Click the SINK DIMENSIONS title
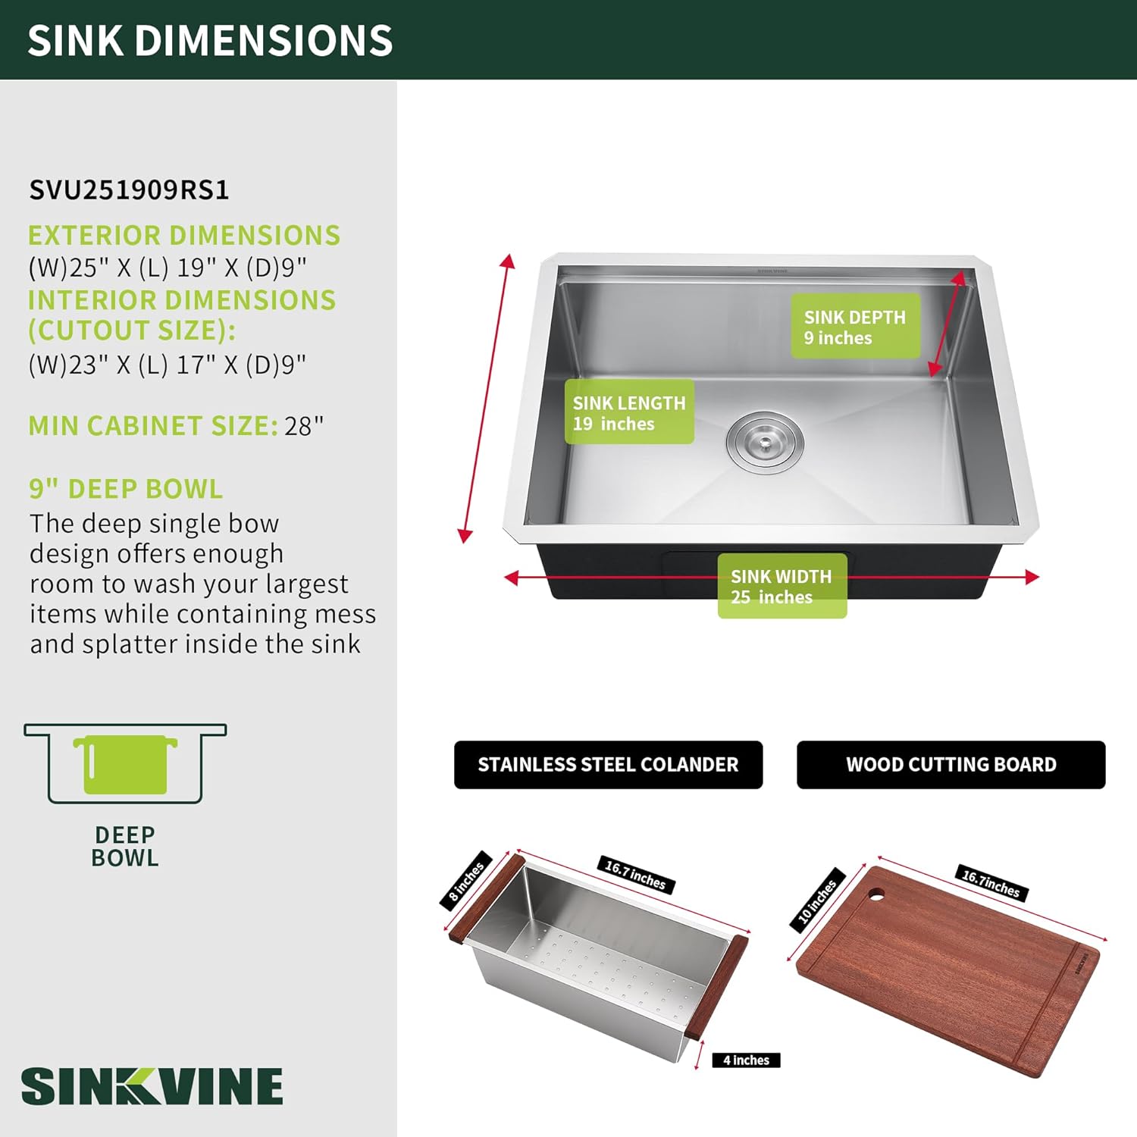coord(210,40)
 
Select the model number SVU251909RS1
coord(129,189)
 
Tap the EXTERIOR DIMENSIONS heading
coord(183,235)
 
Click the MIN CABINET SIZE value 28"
coord(304,426)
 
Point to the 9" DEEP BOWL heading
coord(126,489)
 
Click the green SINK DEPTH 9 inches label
coord(855,327)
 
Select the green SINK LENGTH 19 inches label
coord(628,412)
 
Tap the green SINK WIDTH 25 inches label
coord(781,586)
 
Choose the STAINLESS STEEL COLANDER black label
coord(608,764)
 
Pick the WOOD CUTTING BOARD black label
coord(951,764)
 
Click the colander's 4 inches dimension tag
coord(746,1060)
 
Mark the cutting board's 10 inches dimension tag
coord(817,900)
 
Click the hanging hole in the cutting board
coord(876,894)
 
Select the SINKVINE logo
coord(152,1086)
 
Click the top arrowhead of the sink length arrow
coord(508,262)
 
